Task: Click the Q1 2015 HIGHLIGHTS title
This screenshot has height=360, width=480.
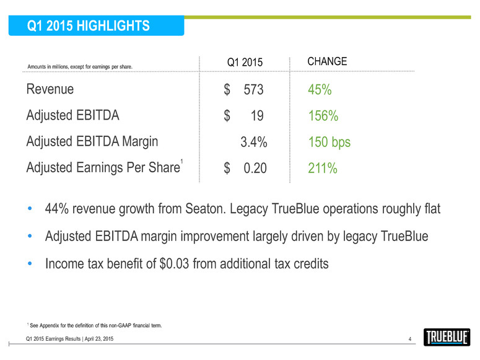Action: pyautogui.click(x=89, y=25)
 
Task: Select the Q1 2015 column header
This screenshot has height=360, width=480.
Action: pyautogui.click(x=245, y=62)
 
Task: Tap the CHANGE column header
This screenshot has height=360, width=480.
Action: pyautogui.click(x=327, y=61)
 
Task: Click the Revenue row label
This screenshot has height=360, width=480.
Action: pyautogui.click(x=50, y=89)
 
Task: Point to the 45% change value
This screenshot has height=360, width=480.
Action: pyautogui.click(x=320, y=90)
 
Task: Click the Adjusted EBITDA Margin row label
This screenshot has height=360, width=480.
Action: pyautogui.click(x=92, y=141)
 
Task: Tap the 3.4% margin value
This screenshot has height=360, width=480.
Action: pyautogui.click(x=254, y=143)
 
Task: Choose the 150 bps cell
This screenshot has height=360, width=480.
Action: pyautogui.click(x=329, y=143)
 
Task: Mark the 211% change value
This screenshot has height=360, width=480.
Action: pyautogui.click(x=323, y=168)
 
